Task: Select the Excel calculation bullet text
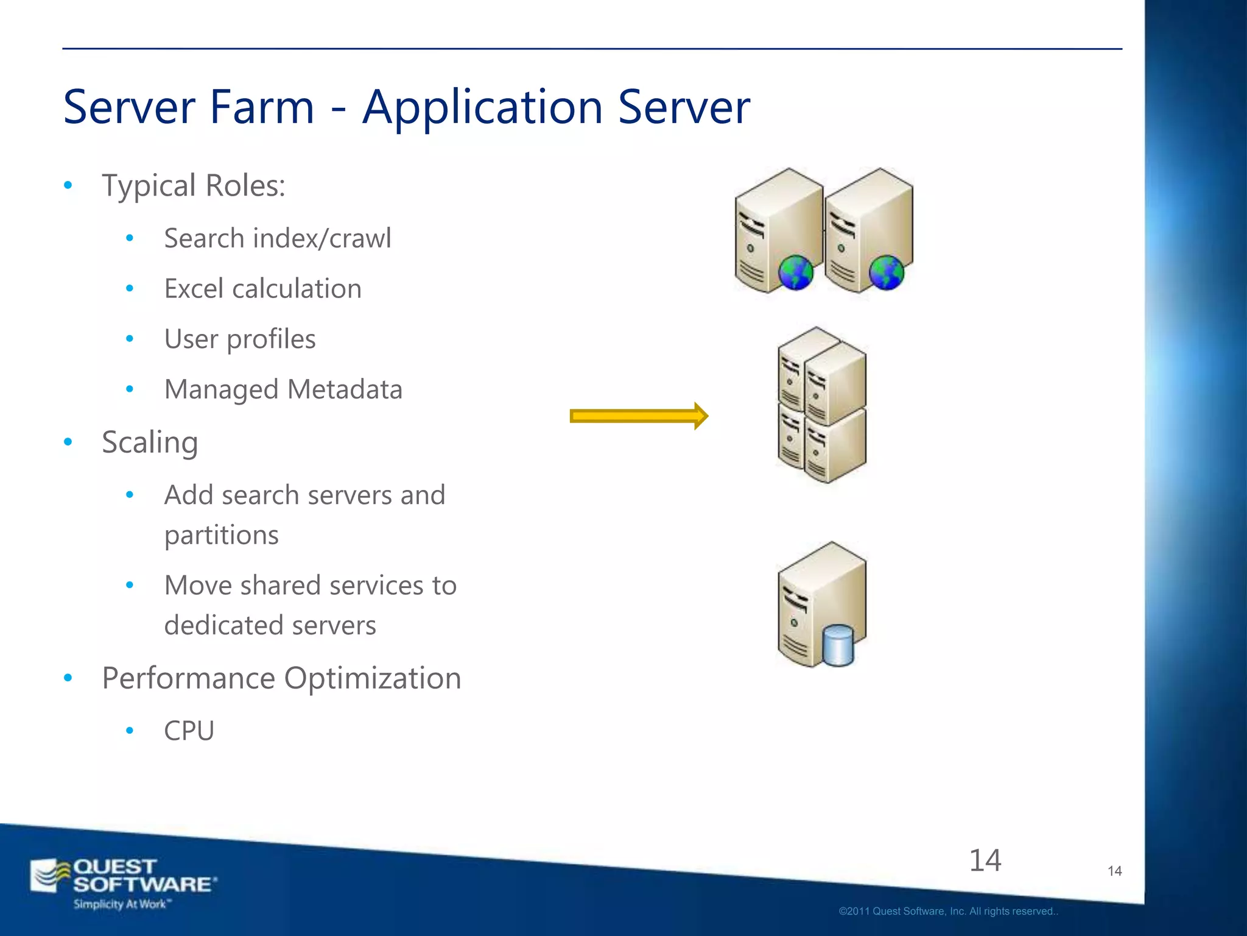262,289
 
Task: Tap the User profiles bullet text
240,339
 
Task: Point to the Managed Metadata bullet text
283,390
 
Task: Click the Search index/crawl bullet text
278,238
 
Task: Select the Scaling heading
150,443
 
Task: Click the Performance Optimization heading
281,678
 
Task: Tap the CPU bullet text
189,731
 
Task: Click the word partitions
222,536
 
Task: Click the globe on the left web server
795,272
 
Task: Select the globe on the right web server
886,272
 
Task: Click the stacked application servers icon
821,405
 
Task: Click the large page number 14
985,860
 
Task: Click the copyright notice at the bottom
948,912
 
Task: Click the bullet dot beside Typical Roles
68,185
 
